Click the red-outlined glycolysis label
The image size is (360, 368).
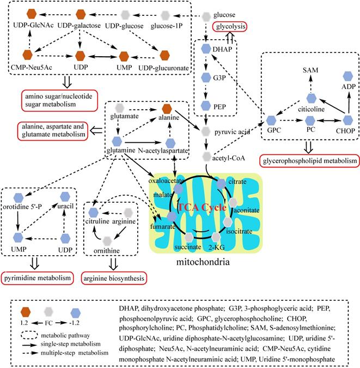[230, 26]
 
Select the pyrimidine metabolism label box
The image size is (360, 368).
[37, 278]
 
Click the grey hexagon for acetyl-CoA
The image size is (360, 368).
[205, 156]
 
